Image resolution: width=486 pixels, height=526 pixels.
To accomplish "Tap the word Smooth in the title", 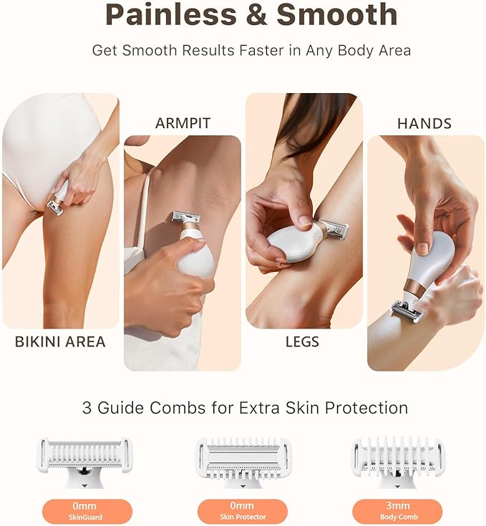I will (336, 14).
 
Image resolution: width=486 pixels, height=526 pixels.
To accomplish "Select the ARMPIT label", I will (183, 124).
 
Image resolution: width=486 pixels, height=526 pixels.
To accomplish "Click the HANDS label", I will (425, 124).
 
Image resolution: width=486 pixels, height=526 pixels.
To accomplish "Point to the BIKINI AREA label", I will (60, 341).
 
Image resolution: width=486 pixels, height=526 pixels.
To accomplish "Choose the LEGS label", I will (303, 341).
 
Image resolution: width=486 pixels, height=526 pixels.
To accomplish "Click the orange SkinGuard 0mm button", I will (84, 512).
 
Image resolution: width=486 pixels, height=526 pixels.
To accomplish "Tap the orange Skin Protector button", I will (243, 512).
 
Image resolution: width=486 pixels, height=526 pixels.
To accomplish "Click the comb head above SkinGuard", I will (84, 455).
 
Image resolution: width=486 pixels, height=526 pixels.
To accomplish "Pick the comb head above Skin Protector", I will (243, 454).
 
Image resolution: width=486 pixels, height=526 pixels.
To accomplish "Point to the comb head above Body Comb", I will (398, 455).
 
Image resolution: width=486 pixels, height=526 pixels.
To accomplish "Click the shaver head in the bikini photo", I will (55, 207).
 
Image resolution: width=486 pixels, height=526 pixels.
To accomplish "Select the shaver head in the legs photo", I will (334, 229).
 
